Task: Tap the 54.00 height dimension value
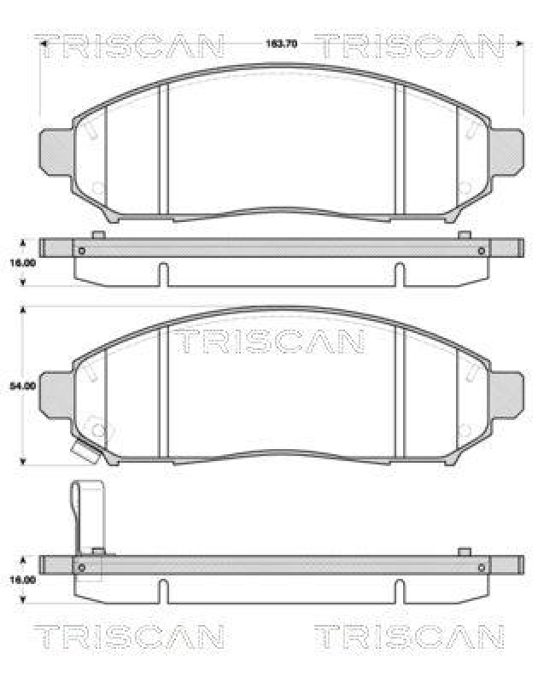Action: point(22,387)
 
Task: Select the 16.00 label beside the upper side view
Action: point(22,264)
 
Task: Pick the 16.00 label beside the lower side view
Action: point(22,580)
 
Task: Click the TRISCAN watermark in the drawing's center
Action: point(271,342)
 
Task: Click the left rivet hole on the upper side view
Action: point(82,250)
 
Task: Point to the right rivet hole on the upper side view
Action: point(482,250)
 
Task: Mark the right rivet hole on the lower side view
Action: point(482,567)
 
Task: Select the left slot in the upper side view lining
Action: point(163,275)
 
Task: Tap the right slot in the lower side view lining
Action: point(399,591)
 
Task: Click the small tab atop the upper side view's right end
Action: point(464,235)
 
